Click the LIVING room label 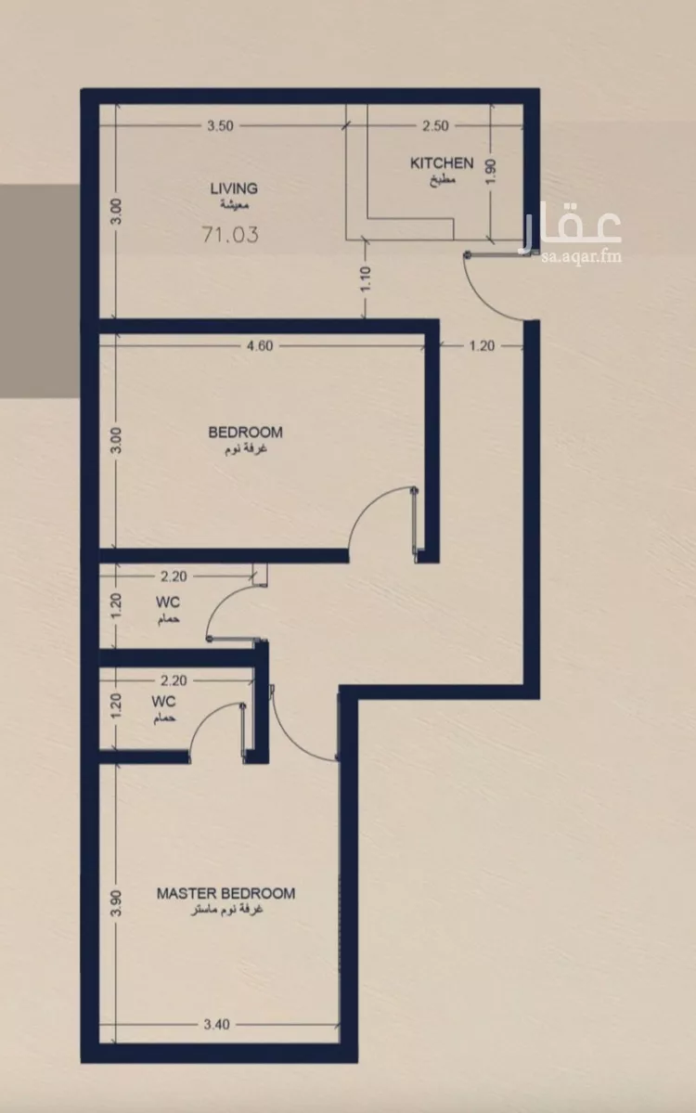pos(234,188)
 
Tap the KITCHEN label pos(442,162)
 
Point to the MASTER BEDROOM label pos(226,893)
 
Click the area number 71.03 pos(230,234)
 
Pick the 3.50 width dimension pos(220,125)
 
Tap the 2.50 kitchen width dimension pos(435,125)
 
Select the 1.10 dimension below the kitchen pos(366,279)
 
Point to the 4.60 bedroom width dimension pos(259,345)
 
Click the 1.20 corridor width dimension pos(482,345)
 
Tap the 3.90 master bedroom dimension pos(116,903)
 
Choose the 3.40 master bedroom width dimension pos(216,1024)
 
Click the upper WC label pos(168,602)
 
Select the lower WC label pos(163,701)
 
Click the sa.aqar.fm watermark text pos(580,256)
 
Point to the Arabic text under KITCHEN pos(442,179)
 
